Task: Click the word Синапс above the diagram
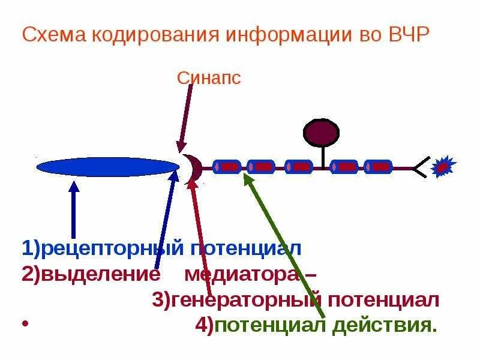coord(209,78)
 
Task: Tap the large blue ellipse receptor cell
coord(108,166)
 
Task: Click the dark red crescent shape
coord(194,168)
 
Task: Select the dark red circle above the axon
coord(321,133)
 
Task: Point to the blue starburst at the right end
coord(444,166)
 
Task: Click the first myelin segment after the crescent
coord(227,167)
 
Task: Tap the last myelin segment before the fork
coord(378,167)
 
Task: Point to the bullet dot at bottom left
coord(25,325)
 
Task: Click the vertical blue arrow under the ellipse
coord(73,210)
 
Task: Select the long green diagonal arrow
coord(285,246)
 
